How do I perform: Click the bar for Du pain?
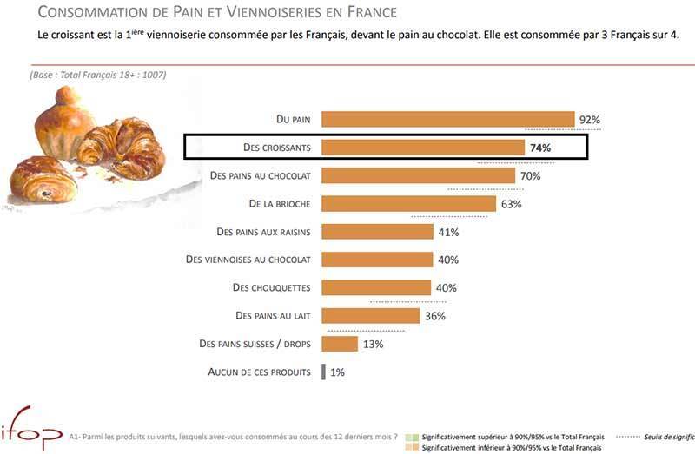(447, 120)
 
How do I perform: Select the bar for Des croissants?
(423, 148)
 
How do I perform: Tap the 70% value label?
(530, 176)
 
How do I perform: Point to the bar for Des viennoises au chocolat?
(377, 260)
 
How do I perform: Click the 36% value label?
(435, 316)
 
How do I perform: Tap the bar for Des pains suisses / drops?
(340, 344)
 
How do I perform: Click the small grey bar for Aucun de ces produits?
(323, 372)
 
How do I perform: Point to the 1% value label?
(338, 372)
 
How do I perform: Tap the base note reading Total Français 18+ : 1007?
(97, 75)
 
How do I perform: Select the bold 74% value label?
(540, 148)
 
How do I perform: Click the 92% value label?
(590, 120)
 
